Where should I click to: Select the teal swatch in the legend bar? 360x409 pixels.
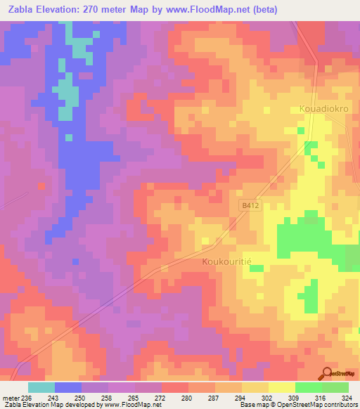click(x=41, y=387)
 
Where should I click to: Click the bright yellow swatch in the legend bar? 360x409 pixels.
click(x=281, y=387)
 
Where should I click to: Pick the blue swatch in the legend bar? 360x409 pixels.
click(x=68, y=387)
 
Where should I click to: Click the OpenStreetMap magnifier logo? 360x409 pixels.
click(x=327, y=373)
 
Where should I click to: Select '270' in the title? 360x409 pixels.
click(x=98, y=10)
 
